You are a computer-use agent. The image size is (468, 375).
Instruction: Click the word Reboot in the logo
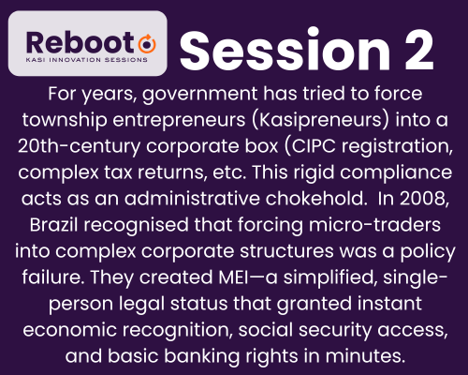point(80,43)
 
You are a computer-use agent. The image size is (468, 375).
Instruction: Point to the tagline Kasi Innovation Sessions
point(87,60)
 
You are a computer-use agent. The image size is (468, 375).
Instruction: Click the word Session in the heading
point(285,50)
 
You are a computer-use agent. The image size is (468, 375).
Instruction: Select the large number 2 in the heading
point(419,50)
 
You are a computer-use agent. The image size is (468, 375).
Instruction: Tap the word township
point(65,120)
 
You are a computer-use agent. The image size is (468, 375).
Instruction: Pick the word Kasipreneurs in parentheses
point(320,120)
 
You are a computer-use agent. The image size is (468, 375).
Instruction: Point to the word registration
point(397,146)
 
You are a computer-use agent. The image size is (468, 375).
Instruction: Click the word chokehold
point(316,199)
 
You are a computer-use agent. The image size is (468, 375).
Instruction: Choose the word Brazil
point(53,225)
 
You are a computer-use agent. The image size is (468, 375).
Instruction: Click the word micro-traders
point(374,225)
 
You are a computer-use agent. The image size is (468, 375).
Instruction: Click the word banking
point(202,356)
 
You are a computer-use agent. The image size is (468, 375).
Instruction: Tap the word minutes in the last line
point(365,356)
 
